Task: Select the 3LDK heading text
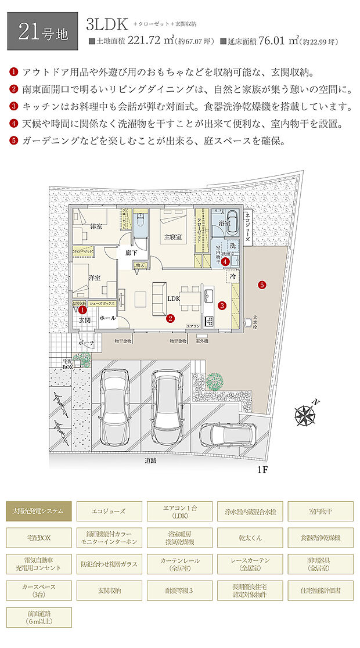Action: point(107,24)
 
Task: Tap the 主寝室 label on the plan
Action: point(173,236)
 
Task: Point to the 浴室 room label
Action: point(224,223)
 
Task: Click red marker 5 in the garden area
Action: point(262,285)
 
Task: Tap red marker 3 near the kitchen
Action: point(221,305)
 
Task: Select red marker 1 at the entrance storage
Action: point(83,310)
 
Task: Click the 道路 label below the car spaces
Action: point(152,460)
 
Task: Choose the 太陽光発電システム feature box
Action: point(39,511)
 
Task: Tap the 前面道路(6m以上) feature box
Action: point(39,617)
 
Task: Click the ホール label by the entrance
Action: point(107,318)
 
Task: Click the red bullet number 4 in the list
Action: point(14,123)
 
